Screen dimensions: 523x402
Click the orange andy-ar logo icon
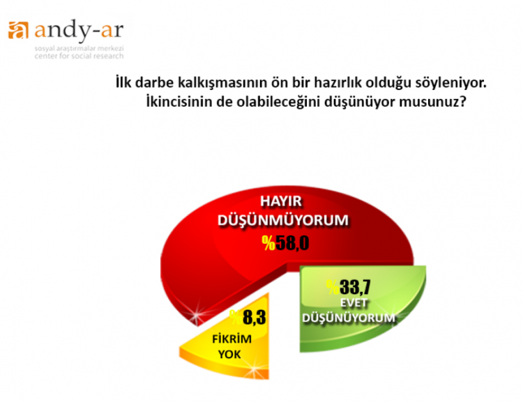tap(18, 30)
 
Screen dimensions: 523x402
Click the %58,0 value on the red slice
tap(285, 242)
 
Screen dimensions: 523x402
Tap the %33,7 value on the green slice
tap(348, 287)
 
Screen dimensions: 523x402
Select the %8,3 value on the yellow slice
tap(248, 317)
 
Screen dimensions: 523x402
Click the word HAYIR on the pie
tap(281, 201)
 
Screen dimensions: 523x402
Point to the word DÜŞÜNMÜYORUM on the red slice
tap(283, 221)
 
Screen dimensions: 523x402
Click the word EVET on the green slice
tap(354, 303)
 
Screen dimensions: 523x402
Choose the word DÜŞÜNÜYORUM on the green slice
tap(349, 318)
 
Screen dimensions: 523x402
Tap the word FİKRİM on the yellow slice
tap(232, 339)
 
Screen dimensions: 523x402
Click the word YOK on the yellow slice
tap(229, 355)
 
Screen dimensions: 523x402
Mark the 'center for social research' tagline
tap(79, 56)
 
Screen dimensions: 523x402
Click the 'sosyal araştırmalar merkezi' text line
tap(79, 49)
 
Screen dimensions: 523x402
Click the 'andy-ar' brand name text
tap(79, 31)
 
